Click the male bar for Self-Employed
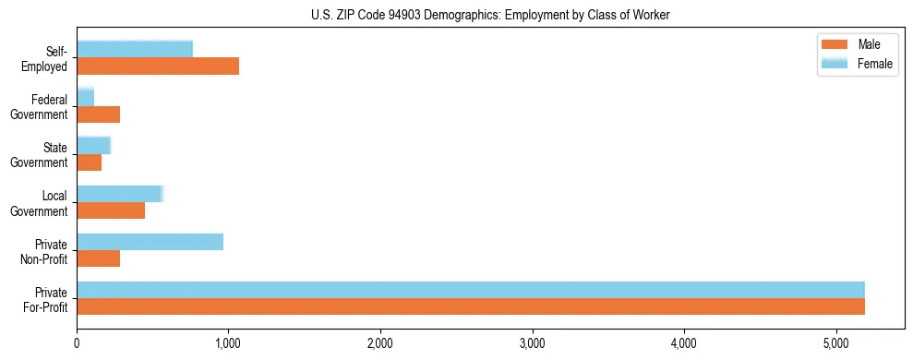point(158,66)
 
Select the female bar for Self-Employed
point(135,49)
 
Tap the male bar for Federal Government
point(99,114)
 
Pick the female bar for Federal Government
point(86,97)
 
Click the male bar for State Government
point(90,162)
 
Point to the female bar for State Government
point(94,145)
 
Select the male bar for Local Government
point(111,210)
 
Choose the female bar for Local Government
point(120,193)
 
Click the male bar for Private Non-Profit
point(99,258)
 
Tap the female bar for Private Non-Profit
point(150,242)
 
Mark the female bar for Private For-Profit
point(471,290)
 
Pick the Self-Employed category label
point(50,59)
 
